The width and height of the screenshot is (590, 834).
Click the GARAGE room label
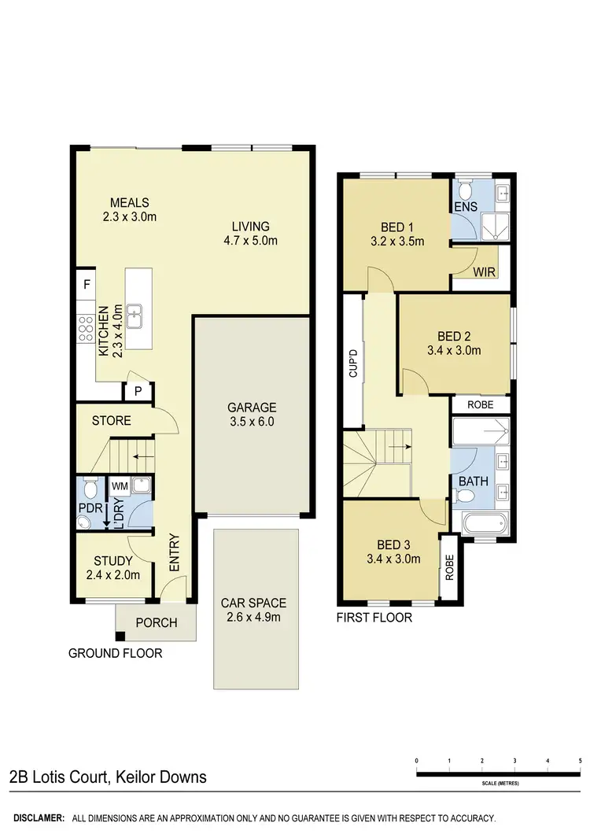252,408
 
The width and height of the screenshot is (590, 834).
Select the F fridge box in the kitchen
87,284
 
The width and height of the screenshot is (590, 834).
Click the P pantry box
137,391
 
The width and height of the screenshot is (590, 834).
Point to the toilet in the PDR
90,492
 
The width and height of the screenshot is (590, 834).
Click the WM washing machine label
120,487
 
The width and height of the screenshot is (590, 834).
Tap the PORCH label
157,623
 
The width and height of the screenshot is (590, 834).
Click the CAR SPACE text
253,603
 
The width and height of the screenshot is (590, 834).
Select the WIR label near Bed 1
482,272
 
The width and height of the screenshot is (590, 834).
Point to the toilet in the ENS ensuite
466,190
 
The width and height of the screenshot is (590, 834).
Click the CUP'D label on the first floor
353,363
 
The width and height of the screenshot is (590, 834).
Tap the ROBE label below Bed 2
481,404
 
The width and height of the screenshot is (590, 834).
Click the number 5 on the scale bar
580,761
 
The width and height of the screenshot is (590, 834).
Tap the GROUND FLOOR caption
115,653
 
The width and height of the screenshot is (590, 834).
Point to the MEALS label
130,202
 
